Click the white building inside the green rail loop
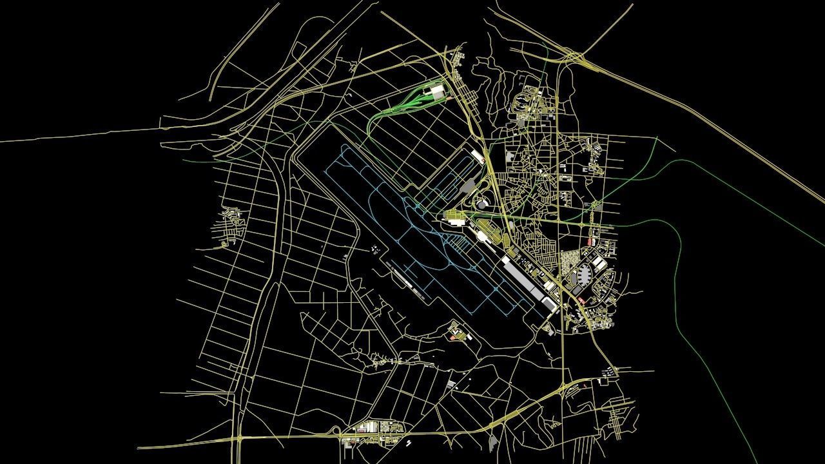(x=438, y=93)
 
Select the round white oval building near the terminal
(x=482, y=204)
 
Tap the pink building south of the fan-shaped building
(x=582, y=300)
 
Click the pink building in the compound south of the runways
(x=454, y=336)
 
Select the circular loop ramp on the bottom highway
(x=335, y=430)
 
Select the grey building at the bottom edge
(x=493, y=443)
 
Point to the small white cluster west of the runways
(x=374, y=249)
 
